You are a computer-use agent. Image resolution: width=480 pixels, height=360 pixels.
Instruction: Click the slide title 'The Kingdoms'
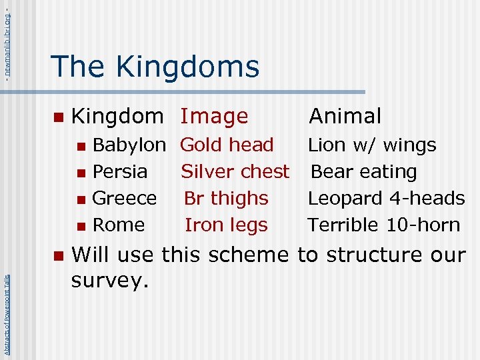(155, 67)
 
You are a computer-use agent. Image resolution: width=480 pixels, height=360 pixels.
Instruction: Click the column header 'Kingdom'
(117, 116)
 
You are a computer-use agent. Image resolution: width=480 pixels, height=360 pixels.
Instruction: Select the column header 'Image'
(214, 116)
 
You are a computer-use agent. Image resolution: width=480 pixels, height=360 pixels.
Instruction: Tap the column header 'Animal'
(345, 116)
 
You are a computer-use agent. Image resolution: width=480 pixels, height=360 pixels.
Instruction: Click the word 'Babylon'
(129, 145)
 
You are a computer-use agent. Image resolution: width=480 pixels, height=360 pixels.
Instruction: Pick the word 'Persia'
(119, 171)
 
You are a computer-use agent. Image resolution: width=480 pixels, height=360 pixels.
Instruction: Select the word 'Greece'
(125, 198)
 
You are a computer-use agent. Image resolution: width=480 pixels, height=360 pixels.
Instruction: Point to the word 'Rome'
(118, 225)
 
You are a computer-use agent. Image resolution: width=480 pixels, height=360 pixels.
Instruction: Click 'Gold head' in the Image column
(227, 145)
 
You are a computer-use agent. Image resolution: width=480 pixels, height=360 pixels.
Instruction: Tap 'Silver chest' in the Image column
(235, 171)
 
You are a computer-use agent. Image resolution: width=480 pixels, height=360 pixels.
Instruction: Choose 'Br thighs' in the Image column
(226, 198)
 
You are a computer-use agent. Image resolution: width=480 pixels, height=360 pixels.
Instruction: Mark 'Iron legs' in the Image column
(226, 225)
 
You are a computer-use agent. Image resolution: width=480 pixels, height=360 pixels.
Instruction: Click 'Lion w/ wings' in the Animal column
(372, 145)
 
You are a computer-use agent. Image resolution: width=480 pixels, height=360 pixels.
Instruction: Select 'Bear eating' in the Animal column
(364, 171)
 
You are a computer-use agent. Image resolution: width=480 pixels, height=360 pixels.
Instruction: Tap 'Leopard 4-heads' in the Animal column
(386, 198)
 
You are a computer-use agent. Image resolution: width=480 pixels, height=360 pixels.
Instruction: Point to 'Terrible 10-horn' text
(383, 225)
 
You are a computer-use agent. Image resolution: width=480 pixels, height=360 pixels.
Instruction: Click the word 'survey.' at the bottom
(109, 281)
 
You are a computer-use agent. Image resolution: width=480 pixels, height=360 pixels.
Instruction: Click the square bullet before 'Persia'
(81, 173)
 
